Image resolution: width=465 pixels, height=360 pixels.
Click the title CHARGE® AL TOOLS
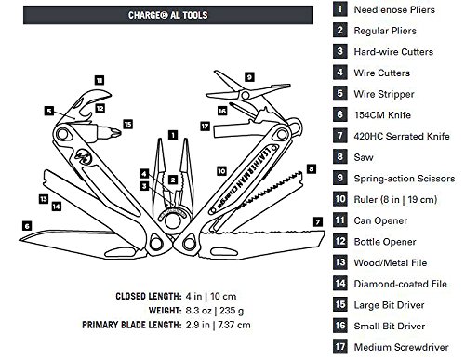pyautogui.click(x=168, y=15)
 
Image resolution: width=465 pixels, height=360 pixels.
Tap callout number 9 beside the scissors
pyautogui.click(x=249, y=77)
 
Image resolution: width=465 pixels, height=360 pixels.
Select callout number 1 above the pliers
pyautogui.click(x=173, y=135)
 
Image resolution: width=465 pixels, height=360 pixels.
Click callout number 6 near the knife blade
pyautogui.click(x=27, y=226)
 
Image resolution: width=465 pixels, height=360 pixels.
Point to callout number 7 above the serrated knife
pyautogui.click(x=318, y=221)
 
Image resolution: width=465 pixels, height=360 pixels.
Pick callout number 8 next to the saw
pyautogui.click(x=312, y=169)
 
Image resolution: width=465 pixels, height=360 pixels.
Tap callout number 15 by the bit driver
pyautogui.click(x=127, y=125)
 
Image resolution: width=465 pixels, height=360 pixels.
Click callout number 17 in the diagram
pyautogui.click(x=205, y=127)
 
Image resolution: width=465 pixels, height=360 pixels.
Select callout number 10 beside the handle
pyautogui.click(x=221, y=171)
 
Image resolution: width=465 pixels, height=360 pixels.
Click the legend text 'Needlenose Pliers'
pyautogui.click(x=394, y=9)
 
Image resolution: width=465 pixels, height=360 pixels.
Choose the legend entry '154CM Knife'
pyautogui.click(x=382, y=115)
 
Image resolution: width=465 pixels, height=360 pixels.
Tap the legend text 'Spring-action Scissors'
pyautogui.click(x=405, y=179)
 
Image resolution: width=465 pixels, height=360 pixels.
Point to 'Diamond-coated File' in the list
pyautogui.click(x=400, y=284)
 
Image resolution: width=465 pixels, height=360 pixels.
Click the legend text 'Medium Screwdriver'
pyautogui.click(x=401, y=347)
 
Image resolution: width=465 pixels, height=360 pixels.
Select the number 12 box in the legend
pyautogui.click(x=340, y=242)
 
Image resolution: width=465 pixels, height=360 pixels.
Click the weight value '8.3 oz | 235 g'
pyautogui.click(x=215, y=311)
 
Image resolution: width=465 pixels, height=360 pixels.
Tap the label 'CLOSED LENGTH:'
pyautogui.click(x=149, y=296)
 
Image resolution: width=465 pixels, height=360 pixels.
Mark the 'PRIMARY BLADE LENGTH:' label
pyautogui.click(x=132, y=325)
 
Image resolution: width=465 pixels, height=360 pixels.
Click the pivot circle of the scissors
pyautogui.click(x=245, y=95)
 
